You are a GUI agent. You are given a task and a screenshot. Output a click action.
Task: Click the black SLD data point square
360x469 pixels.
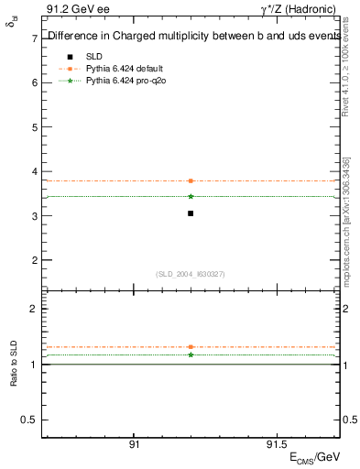(191, 213)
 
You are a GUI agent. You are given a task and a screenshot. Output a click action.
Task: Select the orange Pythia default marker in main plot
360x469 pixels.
(191, 180)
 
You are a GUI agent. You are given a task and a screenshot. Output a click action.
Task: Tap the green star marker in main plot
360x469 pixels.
(191, 196)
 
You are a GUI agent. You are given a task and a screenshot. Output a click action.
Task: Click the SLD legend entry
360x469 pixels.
(95, 56)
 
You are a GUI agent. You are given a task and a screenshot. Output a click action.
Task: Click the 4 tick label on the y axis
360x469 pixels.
(33, 171)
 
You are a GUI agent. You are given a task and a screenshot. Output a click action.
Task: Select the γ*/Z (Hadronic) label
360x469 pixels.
(301, 11)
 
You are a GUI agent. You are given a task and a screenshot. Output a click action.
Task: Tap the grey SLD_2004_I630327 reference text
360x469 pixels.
(191, 274)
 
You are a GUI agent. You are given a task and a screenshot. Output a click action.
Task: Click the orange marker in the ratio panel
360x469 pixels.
(191, 347)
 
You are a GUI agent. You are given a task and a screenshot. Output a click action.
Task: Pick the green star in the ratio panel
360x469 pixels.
(191, 354)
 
